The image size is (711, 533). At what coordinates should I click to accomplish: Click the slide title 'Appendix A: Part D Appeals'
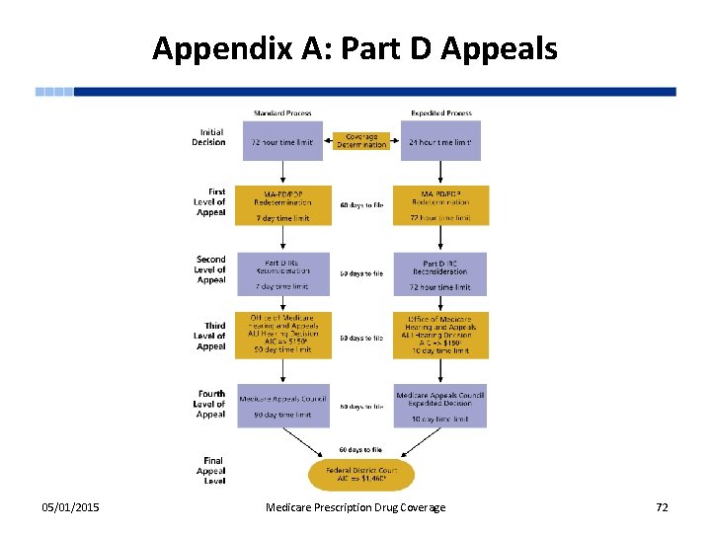(355, 47)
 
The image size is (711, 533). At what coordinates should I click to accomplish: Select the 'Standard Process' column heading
(282, 114)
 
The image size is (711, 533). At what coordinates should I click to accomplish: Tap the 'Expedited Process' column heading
(440, 114)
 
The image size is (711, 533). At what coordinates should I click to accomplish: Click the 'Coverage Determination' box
(361, 141)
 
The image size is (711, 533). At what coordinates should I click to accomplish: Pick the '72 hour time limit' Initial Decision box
(282, 141)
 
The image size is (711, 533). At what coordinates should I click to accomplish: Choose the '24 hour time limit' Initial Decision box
(440, 141)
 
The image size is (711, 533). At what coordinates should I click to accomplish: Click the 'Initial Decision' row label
(210, 137)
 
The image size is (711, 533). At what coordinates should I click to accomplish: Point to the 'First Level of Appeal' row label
(209, 202)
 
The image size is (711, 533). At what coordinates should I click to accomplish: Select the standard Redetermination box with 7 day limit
(282, 205)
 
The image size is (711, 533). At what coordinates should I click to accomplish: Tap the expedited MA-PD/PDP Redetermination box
(440, 205)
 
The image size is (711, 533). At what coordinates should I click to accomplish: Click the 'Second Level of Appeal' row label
(209, 269)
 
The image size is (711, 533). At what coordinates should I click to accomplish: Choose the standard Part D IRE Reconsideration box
(282, 273)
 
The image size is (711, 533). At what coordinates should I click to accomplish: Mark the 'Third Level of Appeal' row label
(209, 336)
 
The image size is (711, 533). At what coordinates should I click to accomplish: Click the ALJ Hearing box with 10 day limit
(440, 336)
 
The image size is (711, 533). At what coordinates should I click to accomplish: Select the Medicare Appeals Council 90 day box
(282, 406)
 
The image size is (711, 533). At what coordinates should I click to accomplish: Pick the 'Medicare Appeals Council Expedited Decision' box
(440, 406)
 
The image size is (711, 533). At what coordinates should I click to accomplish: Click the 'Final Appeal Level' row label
(211, 471)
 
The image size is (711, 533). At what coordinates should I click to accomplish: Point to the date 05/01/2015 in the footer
(70, 507)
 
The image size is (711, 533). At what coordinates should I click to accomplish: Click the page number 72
(662, 507)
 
